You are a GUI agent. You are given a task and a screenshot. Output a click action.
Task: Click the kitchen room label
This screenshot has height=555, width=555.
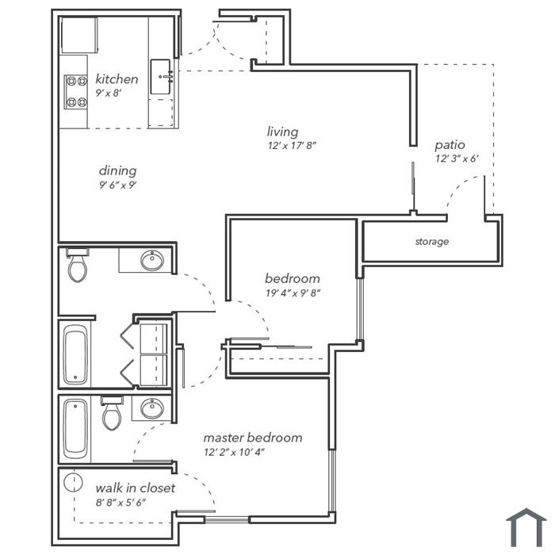pyautogui.click(x=117, y=79)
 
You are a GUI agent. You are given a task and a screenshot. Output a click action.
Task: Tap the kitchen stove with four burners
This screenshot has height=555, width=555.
pyautogui.click(x=76, y=92)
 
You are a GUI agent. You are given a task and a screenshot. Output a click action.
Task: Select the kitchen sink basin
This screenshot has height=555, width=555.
pyautogui.click(x=160, y=77)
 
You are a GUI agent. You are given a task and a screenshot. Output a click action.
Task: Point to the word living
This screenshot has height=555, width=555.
pyautogui.click(x=282, y=132)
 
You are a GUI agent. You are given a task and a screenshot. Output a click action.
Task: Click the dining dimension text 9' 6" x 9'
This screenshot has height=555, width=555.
pyautogui.click(x=117, y=185)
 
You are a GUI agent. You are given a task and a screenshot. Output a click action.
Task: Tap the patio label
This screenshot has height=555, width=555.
pyautogui.click(x=450, y=145)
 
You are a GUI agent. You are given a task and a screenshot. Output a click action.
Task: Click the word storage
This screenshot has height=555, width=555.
pyautogui.click(x=432, y=242)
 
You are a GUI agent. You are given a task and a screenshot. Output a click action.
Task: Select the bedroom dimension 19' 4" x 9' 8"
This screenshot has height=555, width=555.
pyautogui.click(x=293, y=293)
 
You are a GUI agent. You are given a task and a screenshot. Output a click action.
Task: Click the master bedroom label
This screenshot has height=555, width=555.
pyautogui.click(x=253, y=438)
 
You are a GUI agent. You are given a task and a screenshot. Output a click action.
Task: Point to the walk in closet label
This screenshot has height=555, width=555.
pyautogui.click(x=136, y=488)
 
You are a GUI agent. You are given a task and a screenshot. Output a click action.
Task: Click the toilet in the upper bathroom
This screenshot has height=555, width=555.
pyautogui.click(x=78, y=265)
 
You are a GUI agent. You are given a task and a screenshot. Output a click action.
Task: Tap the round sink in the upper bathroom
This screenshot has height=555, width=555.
pyautogui.click(x=152, y=261)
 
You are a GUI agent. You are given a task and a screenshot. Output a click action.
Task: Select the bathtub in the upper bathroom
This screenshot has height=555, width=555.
pyautogui.click(x=75, y=354)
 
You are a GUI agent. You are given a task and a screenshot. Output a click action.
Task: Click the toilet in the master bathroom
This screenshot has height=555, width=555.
pyautogui.click(x=112, y=413)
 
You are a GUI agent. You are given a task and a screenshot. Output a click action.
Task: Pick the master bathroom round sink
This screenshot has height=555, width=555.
pyautogui.click(x=152, y=408)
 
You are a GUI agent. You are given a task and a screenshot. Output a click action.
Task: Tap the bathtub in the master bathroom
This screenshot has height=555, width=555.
pyautogui.click(x=75, y=429)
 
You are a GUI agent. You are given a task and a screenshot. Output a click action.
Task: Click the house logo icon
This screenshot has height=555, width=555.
pyautogui.click(x=526, y=528)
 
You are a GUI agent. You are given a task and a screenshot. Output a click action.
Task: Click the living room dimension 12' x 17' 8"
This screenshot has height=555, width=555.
pyautogui.click(x=292, y=145)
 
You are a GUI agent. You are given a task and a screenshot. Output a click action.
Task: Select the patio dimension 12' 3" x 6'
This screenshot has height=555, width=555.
pyautogui.click(x=457, y=159)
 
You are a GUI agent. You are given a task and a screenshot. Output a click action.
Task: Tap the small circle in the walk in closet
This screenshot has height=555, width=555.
pyautogui.click(x=73, y=482)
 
